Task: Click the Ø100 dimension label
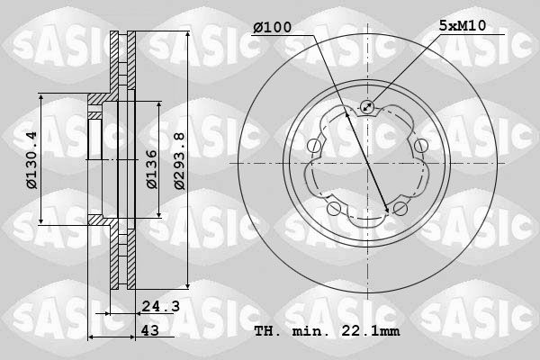tap(272, 27)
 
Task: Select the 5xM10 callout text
tap(463, 25)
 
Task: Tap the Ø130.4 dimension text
tap(32, 160)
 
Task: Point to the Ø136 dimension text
tap(151, 169)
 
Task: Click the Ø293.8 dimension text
tap(179, 161)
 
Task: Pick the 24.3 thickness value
tap(161, 306)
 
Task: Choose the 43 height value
tap(150, 330)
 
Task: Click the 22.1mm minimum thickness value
tap(370, 331)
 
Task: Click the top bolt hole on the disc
tap(367, 107)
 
